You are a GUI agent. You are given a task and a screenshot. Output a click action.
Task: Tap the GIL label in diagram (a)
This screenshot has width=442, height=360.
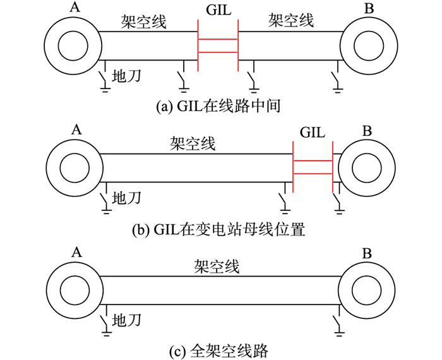coord(218,11)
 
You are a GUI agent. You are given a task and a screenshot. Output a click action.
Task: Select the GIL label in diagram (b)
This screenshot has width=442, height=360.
coord(313,133)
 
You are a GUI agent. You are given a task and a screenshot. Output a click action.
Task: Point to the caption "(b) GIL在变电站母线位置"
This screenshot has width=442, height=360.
coord(218,229)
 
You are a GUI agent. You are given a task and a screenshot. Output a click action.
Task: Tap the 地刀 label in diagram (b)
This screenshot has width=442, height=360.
coord(126,198)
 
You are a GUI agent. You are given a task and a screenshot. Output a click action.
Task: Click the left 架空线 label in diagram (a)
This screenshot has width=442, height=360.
coord(144,23)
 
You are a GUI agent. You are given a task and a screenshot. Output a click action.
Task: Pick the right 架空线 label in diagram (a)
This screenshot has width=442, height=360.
coord(291,23)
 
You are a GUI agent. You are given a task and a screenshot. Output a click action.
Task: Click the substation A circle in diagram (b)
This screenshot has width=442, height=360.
coord(71,167)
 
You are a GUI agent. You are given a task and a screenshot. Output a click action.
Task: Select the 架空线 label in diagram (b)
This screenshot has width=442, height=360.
coord(193,144)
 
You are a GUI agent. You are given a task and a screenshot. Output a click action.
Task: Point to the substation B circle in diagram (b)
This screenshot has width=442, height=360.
coord(366,168)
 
